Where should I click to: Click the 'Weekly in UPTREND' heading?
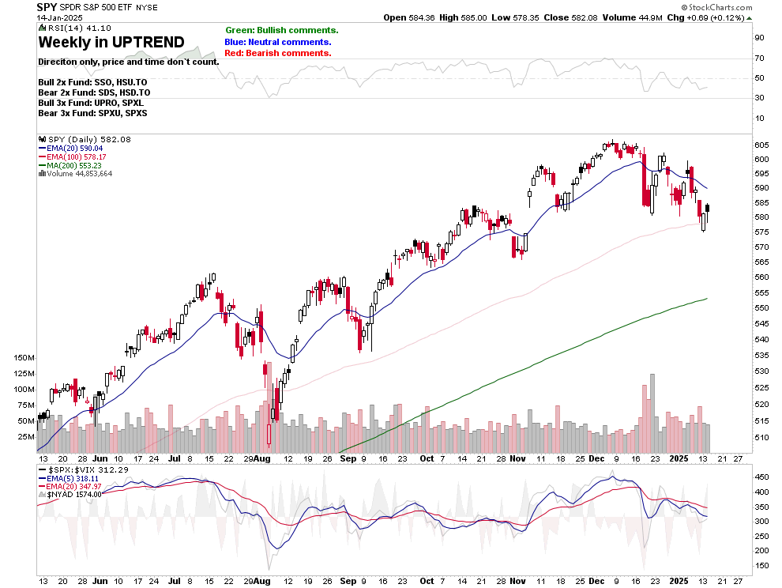click(111, 42)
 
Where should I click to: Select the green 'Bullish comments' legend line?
click(281, 30)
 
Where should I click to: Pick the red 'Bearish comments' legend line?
click(278, 53)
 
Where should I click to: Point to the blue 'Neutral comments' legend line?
click(278, 42)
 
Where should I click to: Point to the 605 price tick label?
click(761, 145)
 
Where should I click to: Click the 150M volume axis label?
click(24, 358)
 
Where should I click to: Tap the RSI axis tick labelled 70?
click(759, 58)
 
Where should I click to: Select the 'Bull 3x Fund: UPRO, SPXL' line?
click(90, 103)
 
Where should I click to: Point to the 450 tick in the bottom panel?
click(761, 477)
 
